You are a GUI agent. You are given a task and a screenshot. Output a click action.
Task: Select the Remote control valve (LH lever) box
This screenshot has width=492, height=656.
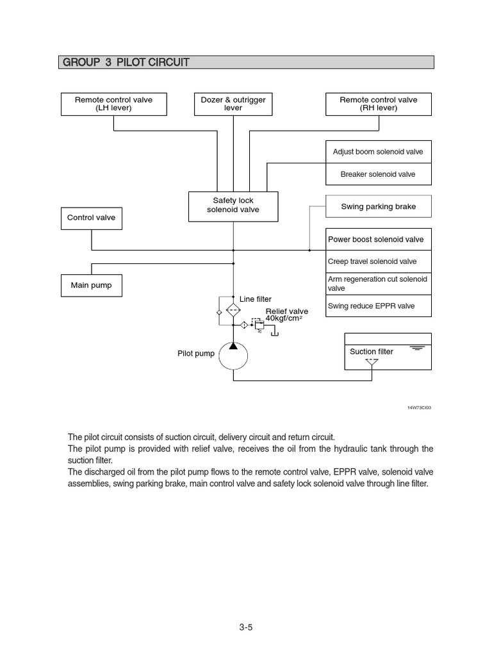[114, 104]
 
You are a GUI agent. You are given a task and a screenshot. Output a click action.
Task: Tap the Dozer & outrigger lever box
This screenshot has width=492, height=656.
[233, 104]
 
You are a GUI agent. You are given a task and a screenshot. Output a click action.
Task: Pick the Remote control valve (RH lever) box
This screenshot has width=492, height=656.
[378, 104]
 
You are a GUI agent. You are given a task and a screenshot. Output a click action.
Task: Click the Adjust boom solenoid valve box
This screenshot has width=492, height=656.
[378, 152]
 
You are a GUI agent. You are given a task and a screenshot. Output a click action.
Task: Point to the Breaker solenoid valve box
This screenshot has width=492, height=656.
[378, 174]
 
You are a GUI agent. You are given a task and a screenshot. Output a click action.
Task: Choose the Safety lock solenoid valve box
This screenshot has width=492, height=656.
[233, 206]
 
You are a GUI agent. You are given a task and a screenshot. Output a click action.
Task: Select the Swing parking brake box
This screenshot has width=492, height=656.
[378, 206]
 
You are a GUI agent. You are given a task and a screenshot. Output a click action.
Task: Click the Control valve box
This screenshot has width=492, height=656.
[92, 218]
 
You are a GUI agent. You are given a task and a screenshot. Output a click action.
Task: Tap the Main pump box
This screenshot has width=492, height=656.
[91, 285]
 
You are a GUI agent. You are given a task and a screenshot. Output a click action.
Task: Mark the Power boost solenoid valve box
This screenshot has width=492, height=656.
[378, 240]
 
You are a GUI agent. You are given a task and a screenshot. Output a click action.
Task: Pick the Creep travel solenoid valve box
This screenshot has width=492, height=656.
[378, 261]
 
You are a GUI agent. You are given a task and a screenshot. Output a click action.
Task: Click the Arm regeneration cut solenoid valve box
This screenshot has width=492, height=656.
[378, 284]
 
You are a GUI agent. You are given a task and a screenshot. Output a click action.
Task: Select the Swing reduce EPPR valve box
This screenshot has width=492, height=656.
[378, 306]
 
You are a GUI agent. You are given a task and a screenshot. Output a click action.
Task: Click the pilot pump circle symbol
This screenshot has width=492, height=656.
[233, 356]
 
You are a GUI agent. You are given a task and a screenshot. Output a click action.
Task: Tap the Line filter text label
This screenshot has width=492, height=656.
[256, 299]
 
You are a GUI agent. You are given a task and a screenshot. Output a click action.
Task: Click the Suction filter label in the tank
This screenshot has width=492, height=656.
[372, 352]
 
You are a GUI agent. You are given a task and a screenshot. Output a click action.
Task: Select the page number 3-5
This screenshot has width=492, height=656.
[246, 627]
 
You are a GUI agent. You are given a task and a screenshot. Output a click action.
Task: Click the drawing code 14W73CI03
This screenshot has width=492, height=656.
[419, 407]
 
